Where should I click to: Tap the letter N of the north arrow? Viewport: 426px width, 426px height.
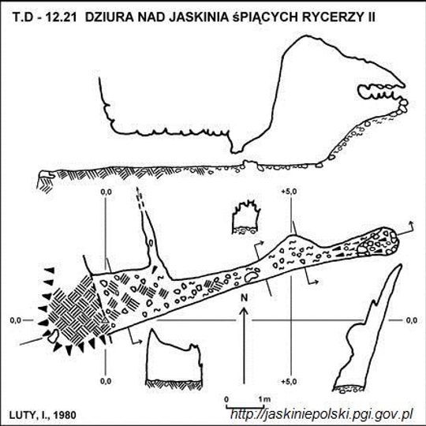(x=245, y=299)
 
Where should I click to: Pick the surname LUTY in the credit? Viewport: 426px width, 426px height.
(x=24, y=413)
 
